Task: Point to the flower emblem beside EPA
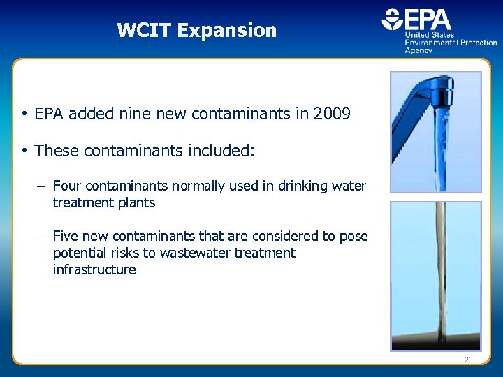(x=392, y=20)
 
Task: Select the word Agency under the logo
(x=419, y=50)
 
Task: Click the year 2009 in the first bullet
(x=332, y=114)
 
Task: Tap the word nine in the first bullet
(x=138, y=114)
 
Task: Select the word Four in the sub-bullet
(x=67, y=186)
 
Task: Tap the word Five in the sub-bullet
(x=67, y=236)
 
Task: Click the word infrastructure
(x=94, y=270)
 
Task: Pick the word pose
(x=354, y=236)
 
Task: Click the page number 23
(x=468, y=359)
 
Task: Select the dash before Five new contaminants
(x=42, y=237)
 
